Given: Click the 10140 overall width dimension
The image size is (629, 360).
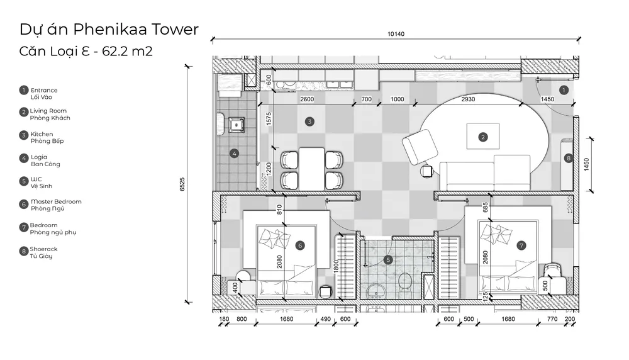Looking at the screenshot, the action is tap(396, 34).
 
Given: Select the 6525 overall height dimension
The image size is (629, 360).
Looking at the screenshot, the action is tap(182, 184).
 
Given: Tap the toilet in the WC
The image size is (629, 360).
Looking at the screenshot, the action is tap(404, 280).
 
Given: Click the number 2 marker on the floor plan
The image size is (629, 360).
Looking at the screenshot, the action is tap(483, 137).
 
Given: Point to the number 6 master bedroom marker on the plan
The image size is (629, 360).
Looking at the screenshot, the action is tap(299, 245).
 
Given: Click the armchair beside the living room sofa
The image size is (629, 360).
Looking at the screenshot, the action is tap(420, 147).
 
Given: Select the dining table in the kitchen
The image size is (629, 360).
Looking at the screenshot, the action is tap(312, 169).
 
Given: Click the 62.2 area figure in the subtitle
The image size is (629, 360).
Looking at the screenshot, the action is tap(115, 52).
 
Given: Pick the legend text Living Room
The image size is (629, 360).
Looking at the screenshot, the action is tap(48, 111).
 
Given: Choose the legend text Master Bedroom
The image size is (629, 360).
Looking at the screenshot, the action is tap(56, 201).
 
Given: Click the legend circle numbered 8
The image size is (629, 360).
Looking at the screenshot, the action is tap(24, 251).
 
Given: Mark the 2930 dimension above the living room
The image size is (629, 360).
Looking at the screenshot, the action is tap(468, 99).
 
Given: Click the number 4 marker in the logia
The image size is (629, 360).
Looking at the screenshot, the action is tap(234, 154).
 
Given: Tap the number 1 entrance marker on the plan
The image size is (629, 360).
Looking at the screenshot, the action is tap(564, 90).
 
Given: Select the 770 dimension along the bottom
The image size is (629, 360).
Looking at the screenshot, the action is tap(552, 319).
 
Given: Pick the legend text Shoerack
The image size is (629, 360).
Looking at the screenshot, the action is tap(44, 249).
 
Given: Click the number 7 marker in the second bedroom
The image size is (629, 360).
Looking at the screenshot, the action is tap(521, 245).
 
